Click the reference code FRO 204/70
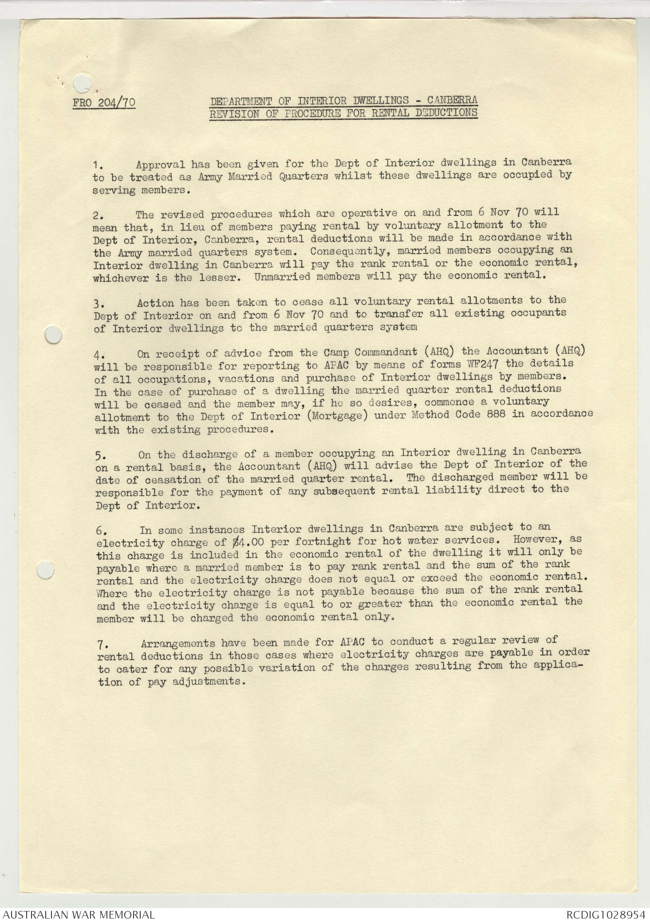click(x=104, y=103)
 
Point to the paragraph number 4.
click(x=98, y=355)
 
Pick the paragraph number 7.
click(x=102, y=643)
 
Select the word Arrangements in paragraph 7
click(x=178, y=643)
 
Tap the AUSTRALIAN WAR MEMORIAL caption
click(x=79, y=915)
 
